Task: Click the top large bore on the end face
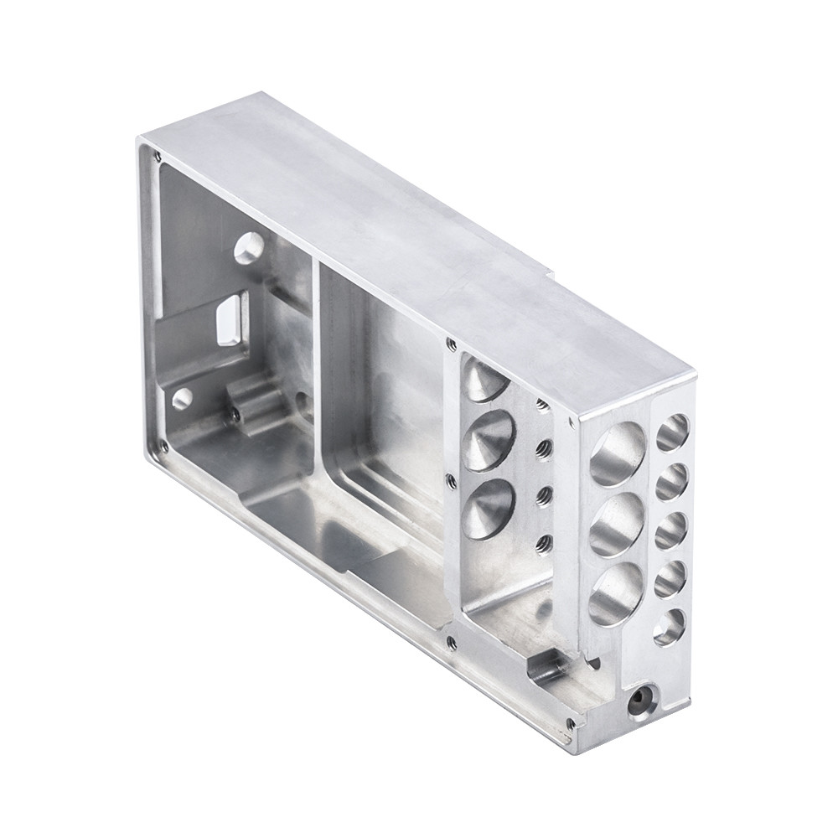click(x=618, y=454)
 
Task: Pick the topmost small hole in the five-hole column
click(x=672, y=432)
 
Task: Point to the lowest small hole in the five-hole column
click(x=669, y=627)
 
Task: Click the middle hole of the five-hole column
click(x=670, y=530)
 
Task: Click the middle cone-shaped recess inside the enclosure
click(x=489, y=441)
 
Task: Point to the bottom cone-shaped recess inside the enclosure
click(x=488, y=509)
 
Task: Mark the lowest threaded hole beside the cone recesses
click(x=544, y=541)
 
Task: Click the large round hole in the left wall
click(x=249, y=248)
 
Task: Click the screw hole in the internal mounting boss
click(x=235, y=414)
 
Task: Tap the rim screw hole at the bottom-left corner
click(x=163, y=447)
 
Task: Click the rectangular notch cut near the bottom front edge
click(x=546, y=669)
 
